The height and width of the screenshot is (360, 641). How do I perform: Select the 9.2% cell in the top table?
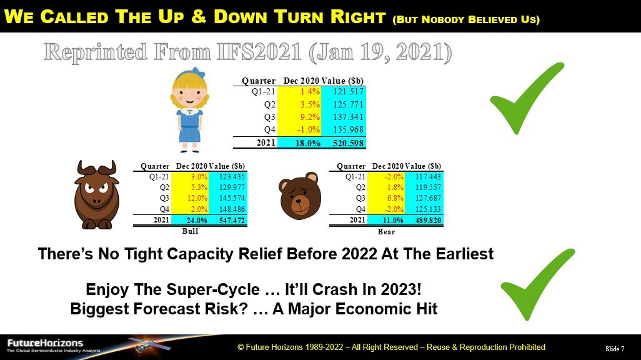pos(310,117)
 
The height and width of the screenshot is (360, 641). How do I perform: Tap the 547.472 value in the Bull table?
pos(232,220)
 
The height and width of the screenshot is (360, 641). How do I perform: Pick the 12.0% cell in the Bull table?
pos(197,198)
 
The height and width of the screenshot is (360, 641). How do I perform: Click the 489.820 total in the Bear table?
pos(428,220)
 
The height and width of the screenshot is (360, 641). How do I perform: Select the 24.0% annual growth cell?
pos(197,220)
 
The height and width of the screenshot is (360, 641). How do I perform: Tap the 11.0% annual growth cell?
pos(393,220)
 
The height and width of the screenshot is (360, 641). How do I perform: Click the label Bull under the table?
pos(190,231)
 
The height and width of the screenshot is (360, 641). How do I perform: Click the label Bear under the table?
pos(386,232)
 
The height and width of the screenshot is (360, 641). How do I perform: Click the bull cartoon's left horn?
pos(83,169)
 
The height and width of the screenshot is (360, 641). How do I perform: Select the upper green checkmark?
pos(527,98)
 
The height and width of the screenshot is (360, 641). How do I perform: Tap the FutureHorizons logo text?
pos(45,343)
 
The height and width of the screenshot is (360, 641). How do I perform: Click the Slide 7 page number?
pos(615,349)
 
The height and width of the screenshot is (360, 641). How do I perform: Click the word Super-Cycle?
pos(213,289)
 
